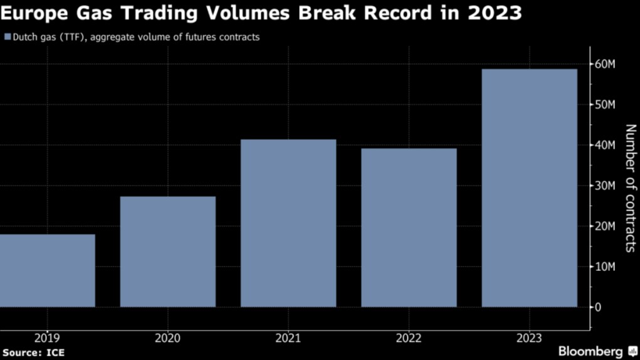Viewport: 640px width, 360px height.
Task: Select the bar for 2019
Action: click(48, 270)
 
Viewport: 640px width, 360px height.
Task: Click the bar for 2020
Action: click(167, 251)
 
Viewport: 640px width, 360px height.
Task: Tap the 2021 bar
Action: click(288, 223)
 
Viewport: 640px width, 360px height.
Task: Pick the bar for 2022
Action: click(409, 227)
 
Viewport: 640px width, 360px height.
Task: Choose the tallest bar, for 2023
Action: click(529, 188)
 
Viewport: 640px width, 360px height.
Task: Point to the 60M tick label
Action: click(605, 64)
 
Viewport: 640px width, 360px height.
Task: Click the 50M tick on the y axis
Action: click(605, 104)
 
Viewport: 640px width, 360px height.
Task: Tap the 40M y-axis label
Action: click(605, 145)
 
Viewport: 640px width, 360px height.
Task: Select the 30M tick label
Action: click(605, 186)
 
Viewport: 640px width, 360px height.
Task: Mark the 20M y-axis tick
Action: click(605, 226)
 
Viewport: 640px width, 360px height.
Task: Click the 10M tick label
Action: click(605, 267)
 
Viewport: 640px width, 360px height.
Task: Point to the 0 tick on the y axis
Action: click(598, 307)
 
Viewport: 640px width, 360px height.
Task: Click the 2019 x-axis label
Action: click(48, 339)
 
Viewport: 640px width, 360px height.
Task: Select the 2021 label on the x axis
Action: click(288, 339)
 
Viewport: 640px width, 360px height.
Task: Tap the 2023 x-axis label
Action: click(529, 339)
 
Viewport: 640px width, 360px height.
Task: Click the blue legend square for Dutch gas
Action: click(8, 37)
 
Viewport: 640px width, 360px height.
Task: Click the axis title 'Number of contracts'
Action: click(630, 188)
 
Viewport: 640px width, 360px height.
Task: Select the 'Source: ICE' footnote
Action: click(33, 352)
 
